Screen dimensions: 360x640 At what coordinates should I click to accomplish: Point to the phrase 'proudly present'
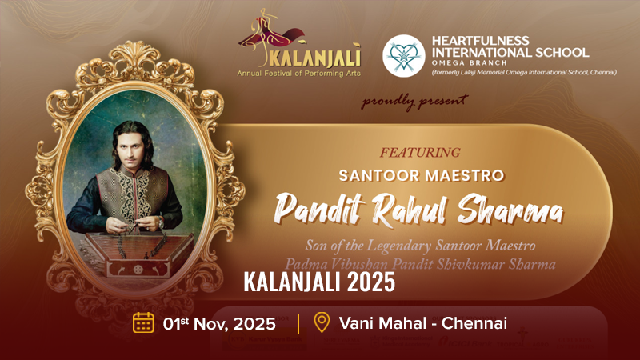tap(414, 102)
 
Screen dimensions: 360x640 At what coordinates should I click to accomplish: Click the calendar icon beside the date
tap(143, 323)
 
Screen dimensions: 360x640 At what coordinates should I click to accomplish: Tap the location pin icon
tap(322, 323)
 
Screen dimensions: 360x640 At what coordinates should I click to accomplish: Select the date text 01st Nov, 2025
tap(218, 324)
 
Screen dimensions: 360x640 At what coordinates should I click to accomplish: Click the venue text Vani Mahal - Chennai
tap(422, 324)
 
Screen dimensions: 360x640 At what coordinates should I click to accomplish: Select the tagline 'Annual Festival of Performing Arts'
tap(299, 73)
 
